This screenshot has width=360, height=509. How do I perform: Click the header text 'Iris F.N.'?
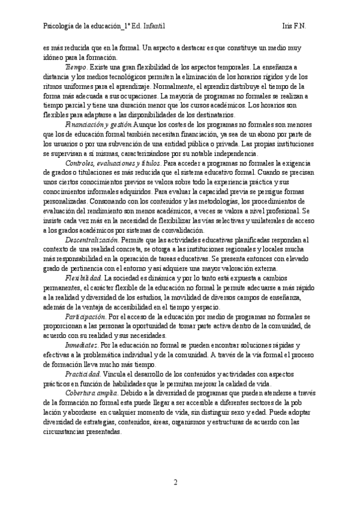(295, 26)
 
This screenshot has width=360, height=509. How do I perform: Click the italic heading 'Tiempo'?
(76, 67)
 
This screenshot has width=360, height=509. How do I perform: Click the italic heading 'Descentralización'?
(91, 239)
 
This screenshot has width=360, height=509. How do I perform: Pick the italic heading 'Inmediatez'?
(81, 346)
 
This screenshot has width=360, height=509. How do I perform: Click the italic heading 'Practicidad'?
(83, 374)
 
